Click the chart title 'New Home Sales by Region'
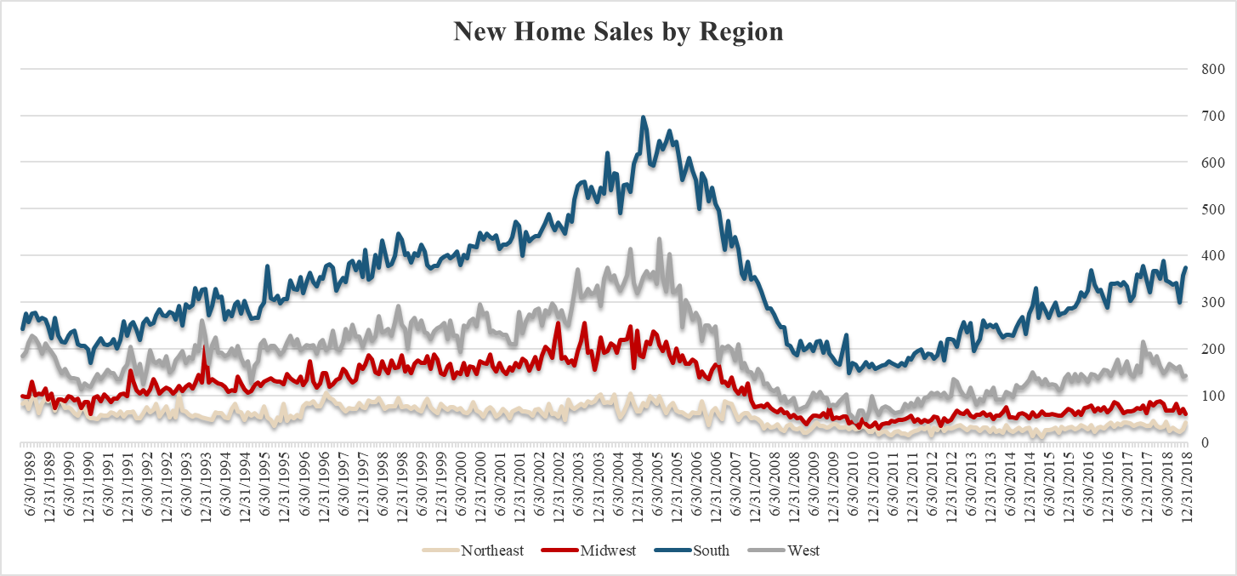(618, 31)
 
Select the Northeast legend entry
(492, 550)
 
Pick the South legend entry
(710, 550)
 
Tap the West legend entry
(803, 550)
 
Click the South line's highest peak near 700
(643, 117)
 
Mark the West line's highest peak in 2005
(660, 239)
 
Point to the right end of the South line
(1186, 268)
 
